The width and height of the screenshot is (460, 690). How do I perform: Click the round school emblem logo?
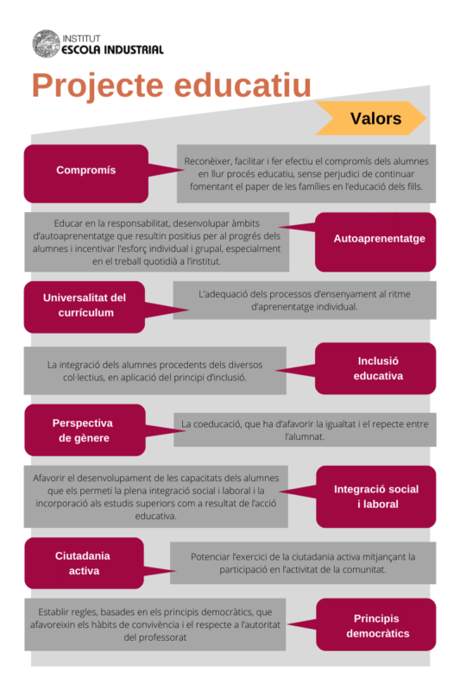click(x=47, y=44)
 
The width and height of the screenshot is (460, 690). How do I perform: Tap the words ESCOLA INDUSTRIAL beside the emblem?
click(x=113, y=50)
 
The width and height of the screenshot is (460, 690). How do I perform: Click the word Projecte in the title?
click(x=98, y=85)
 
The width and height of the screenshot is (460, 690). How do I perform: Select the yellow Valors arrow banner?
click(x=370, y=118)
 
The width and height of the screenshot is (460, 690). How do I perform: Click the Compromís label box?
click(x=86, y=173)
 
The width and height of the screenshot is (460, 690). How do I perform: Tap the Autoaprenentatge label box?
click(x=375, y=241)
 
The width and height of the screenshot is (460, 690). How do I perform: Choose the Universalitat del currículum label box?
click(x=85, y=307)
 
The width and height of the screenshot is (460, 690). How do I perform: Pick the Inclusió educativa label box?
click(x=375, y=368)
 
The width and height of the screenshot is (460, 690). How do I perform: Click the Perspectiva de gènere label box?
click(x=85, y=430)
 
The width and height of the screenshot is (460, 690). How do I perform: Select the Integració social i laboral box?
click(x=376, y=497)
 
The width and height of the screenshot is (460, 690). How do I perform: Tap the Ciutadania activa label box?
click(x=84, y=563)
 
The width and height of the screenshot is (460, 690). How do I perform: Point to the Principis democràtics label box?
click(x=376, y=624)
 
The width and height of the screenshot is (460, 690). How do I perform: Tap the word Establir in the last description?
click(x=53, y=612)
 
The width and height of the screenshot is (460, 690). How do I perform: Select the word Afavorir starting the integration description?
click(x=50, y=478)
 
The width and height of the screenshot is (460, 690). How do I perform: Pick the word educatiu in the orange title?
click(x=243, y=85)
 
